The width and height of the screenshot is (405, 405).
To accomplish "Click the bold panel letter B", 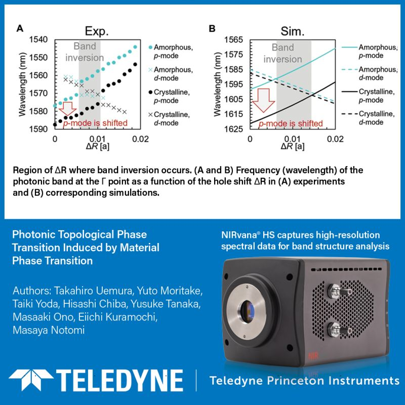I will point(213,29).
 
